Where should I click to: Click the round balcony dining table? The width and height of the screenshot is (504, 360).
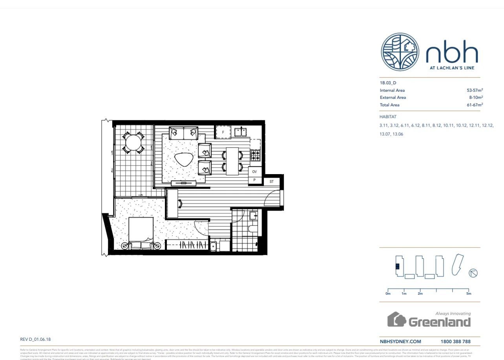[133, 142]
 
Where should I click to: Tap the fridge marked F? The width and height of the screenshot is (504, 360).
[223, 132]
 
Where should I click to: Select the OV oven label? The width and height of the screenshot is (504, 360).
[254, 172]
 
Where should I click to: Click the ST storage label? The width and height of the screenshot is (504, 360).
[271, 182]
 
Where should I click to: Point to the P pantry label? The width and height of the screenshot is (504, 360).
[254, 180]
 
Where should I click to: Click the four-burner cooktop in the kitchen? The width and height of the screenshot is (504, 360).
[256, 156]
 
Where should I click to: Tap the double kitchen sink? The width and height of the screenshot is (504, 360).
[240, 132]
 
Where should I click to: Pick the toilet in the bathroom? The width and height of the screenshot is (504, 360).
[252, 228]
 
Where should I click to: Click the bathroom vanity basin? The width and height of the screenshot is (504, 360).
[253, 215]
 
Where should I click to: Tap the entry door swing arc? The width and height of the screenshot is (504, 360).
[272, 197]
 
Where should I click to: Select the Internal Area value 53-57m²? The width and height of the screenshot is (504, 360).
[475, 90]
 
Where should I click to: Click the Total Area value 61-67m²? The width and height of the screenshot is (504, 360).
[475, 105]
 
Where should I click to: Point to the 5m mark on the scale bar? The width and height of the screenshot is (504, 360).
[468, 293]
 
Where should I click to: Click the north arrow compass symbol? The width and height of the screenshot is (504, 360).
[473, 273]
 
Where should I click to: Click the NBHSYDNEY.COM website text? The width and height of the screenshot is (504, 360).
[400, 342]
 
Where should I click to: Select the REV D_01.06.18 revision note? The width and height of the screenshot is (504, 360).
[35, 340]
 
